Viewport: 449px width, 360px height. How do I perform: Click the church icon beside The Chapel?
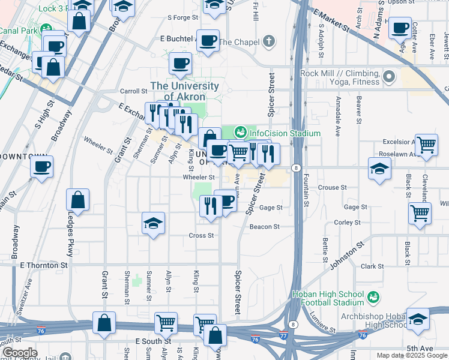click(x=270, y=41)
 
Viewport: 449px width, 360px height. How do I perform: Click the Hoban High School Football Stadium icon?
click(x=372, y=297)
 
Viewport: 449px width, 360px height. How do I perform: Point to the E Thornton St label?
click(x=44, y=265)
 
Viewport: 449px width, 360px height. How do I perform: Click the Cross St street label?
click(x=202, y=235)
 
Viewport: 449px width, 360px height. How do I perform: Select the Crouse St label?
click(x=332, y=187)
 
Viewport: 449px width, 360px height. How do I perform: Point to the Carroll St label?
click(x=134, y=91)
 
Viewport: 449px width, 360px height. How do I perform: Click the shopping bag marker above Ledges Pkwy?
click(x=78, y=199)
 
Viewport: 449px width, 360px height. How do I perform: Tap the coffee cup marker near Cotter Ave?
click(x=400, y=28)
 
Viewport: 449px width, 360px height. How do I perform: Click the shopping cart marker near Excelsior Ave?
click(x=426, y=145)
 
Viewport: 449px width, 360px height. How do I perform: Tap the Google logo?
click(x=19, y=353)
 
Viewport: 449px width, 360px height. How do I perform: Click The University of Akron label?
click(x=185, y=91)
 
